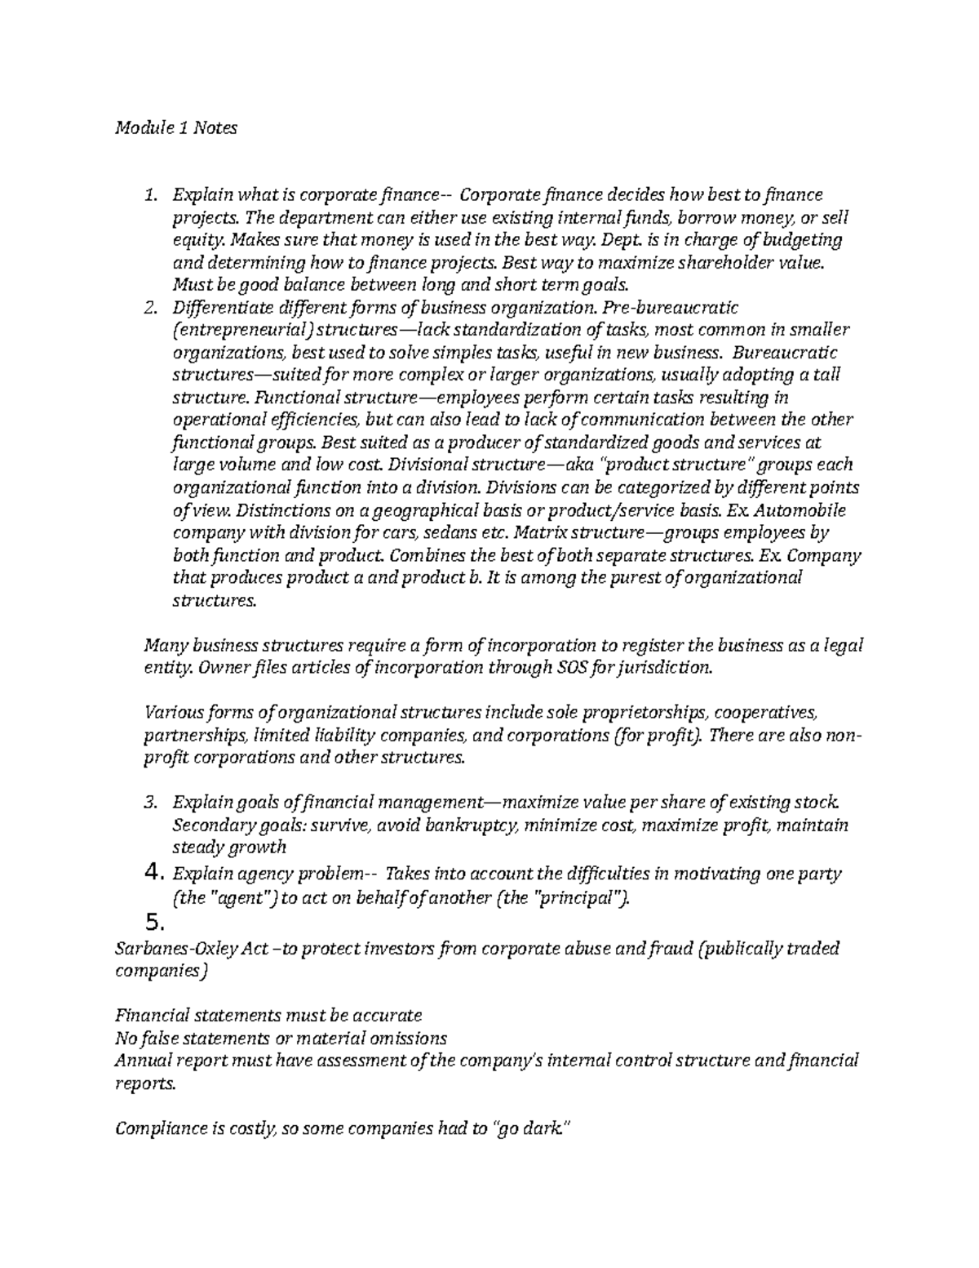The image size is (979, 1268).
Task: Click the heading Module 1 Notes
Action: point(176,127)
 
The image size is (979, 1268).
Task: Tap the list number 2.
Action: point(149,308)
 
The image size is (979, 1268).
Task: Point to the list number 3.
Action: point(149,803)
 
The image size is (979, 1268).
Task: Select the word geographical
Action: point(435,510)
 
